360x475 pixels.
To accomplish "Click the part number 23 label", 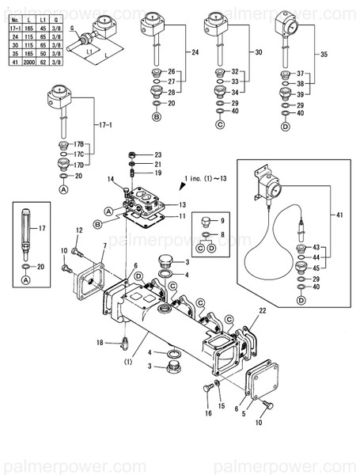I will click(157, 154).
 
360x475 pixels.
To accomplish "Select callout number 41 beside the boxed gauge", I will click(340, 215).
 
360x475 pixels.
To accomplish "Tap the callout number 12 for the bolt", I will click(79, 230).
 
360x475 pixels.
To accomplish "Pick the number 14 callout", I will click(112, 180).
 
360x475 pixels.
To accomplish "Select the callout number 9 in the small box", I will click(223, 219).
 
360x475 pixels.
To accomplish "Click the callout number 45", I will click(316, 267).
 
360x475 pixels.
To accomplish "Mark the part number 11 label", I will click(182, 215).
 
